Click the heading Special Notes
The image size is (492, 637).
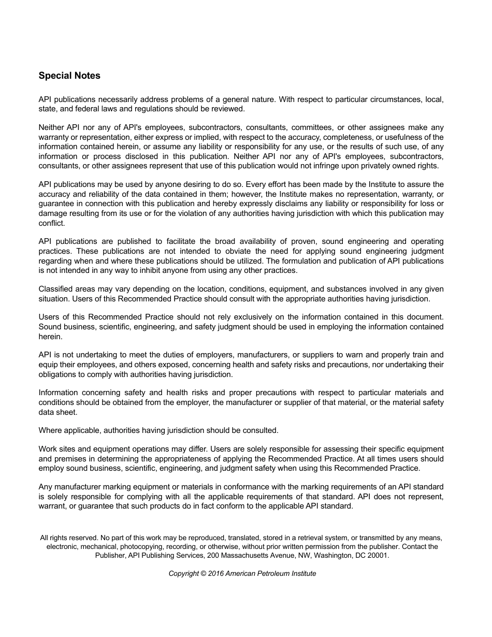tap(69, 76)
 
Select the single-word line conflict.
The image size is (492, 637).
tap(52, 223)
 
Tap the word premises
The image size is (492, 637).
tap(71, 459)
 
